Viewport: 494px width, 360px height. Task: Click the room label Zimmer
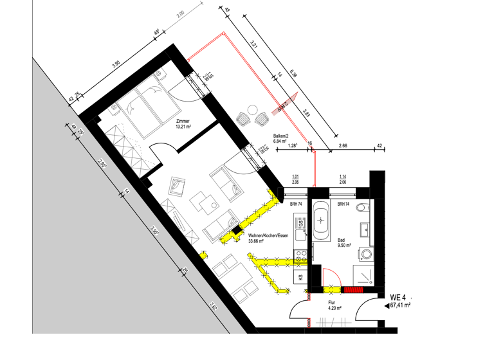click(181, 121)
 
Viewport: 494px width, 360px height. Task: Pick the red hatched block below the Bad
click(354, 289)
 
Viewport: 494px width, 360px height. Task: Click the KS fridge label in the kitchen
click(300, 277)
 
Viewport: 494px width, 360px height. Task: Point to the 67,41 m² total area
click(400, 305)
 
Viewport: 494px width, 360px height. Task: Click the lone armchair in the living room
click(175, 186)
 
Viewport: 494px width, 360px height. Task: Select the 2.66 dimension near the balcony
click(343, 146)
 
